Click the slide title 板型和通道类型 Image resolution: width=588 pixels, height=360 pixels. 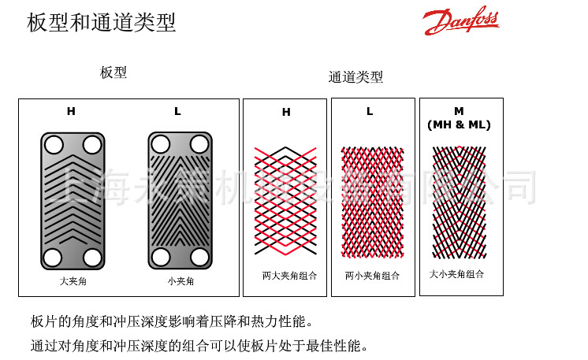point(102,22)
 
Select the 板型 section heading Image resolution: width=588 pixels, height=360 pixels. point(114,72)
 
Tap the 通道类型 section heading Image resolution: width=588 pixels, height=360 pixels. point(355,76)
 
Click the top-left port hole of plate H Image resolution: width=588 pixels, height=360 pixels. point(54,145)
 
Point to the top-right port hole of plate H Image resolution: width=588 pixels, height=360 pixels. point(92,145)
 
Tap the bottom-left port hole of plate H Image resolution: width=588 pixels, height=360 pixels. point(54,258)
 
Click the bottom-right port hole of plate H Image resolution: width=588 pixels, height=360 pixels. point(92,258)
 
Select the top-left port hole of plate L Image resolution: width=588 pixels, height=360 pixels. point(161,144)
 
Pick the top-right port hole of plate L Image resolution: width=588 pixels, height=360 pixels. point(199,144)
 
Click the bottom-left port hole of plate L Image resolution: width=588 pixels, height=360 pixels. point(161,258)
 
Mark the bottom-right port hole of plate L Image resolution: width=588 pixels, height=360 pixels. point(199,258)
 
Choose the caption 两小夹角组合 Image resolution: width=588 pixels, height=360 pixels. point(372,276)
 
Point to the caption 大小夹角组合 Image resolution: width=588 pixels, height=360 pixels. point(457,274)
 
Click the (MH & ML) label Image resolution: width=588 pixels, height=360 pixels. point(459,124)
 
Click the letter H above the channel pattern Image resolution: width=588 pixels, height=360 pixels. point(286,113)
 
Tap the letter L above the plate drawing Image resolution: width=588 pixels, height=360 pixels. point(177,111)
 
